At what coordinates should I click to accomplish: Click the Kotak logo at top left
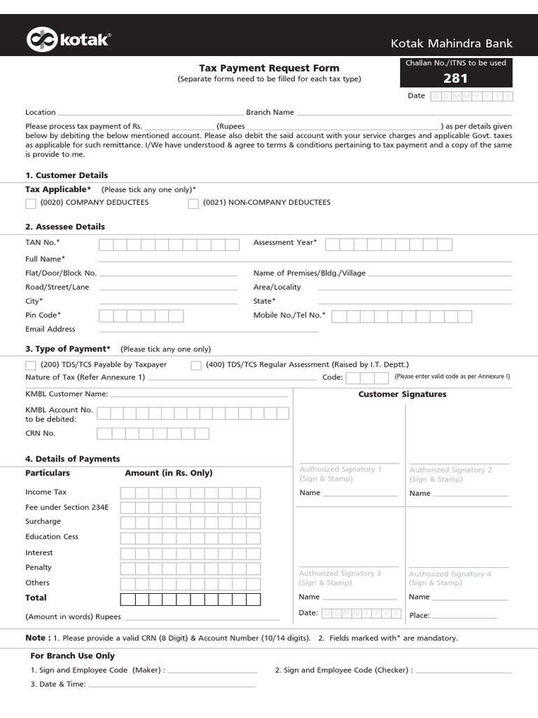pyautogui.click(x=68, y=40)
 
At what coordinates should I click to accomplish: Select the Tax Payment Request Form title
pyautogui.click(x=269, y=68)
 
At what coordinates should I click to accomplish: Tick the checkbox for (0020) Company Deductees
pyautogui.click(x=31, y=203)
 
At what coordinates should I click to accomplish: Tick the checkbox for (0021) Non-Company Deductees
pyautogui.click(x=193, y=203)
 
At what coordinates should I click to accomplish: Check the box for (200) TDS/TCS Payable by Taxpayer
pyautogui.click(x=31, y=365)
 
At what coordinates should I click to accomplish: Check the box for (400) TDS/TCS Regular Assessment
pyautogui.click(x=196, y=365)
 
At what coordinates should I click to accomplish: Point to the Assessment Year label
pyautogui.click(x=284, y=243)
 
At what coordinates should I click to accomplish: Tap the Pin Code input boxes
pyautogui.click(x=142, y=316)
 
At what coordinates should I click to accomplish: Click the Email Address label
pyautogui.click(x=50, y=329)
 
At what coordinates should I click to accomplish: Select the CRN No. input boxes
pyautogui.click(x=152, y=433)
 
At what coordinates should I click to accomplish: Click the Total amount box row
pyautogui.click(x=190, y=599)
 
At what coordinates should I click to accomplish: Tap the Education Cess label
pyautogui.click(x=52, y=536)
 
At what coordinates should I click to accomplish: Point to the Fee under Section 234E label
pyautogui.click(x=67, y=507)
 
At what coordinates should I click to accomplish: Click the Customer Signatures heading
pyautogui.click(x=402, y=395)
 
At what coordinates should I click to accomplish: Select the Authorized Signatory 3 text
pyautogui.click(x=340, y=574)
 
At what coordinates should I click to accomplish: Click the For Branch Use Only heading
pyautogui.click(x=72, y=656)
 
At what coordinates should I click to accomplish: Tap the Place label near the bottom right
pyautogui.click(x=419, y=616)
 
